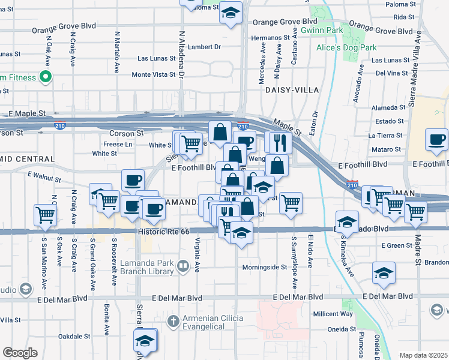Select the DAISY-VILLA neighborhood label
(x=291, y=90)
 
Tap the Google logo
(x=20, y=353)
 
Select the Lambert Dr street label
(x=205, y=46)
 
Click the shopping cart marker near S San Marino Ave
(x=46, y=214)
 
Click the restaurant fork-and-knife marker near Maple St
(x=278, y=142)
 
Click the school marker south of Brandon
(x=384, y=273)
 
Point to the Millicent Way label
(x=332, y=314)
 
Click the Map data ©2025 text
(x=424, y=355)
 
